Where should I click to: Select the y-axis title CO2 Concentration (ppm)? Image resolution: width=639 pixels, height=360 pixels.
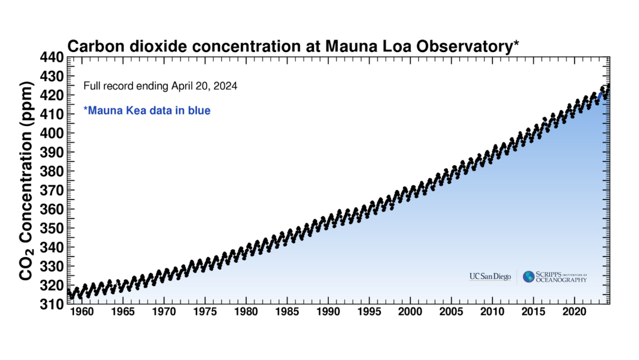(x=26, y=181)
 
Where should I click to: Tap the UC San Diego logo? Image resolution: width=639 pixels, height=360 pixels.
(x=490, y=277)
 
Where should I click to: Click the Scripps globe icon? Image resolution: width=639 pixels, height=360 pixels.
(x=528, y=277)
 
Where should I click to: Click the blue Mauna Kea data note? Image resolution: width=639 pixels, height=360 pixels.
(x=147, y=110)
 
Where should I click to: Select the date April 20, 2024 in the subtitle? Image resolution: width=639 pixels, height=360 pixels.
(x=204, y=86)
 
